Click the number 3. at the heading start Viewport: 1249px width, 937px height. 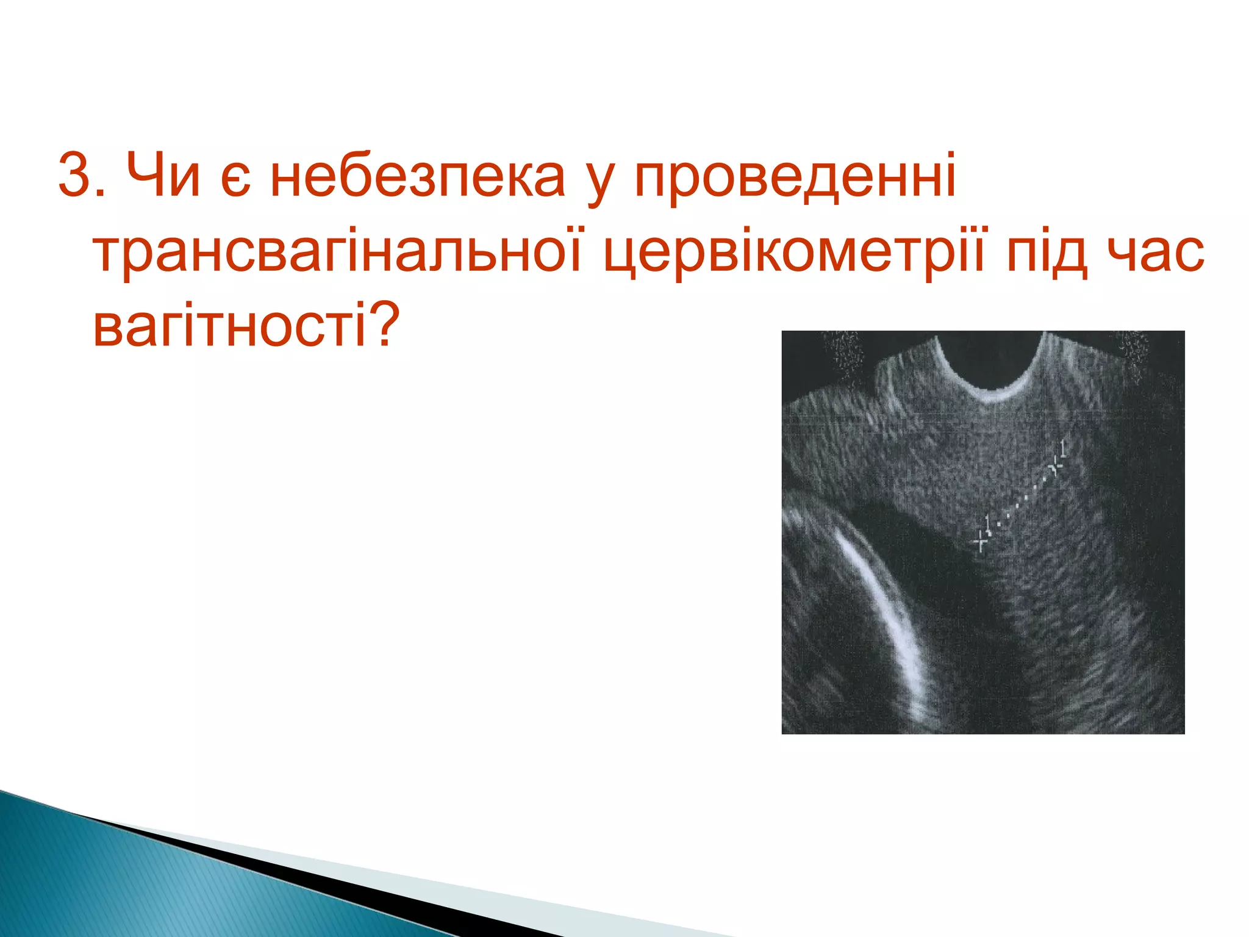click(83, 175)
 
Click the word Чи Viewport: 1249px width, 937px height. click(163, 175)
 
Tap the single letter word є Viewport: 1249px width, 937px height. click(235, 180)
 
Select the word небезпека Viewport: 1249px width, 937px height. click(418, 176)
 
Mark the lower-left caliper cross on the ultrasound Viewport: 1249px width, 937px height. click(981, 540)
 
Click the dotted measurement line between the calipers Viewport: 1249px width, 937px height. click(1018, 504)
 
